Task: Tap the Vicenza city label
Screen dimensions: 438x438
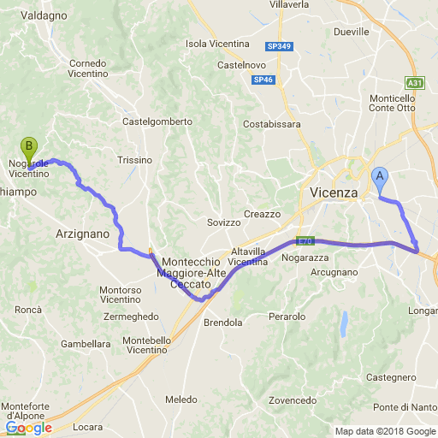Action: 334,192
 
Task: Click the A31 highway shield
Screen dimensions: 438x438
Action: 415,83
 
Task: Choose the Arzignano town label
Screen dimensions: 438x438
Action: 82,234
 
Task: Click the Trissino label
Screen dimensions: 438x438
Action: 134,160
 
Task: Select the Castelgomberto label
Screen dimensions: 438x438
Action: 157,121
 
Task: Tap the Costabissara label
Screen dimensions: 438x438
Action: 272,124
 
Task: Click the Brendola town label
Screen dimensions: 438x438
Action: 222,323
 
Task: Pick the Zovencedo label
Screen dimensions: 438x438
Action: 292,400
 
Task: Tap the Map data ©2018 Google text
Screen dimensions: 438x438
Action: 384,431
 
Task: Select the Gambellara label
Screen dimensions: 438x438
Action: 86,344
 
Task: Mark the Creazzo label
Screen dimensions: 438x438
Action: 262,214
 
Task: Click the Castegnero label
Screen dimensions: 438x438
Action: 391,376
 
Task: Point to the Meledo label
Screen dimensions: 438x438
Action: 181,400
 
